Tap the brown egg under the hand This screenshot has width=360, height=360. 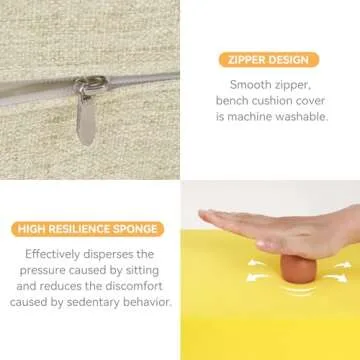tap(298, 269)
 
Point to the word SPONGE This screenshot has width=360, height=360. tap(136, 229)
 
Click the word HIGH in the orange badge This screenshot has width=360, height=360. tap(32, 229)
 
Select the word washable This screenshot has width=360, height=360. tap(304, 117)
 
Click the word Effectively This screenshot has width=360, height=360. tap(53, 254)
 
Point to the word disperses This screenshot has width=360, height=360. tap(108, 254)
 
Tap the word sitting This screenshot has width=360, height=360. tap(143, 270)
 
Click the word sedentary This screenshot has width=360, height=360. tap(93, 302)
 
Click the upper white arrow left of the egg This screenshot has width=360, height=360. tap(258, 263)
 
